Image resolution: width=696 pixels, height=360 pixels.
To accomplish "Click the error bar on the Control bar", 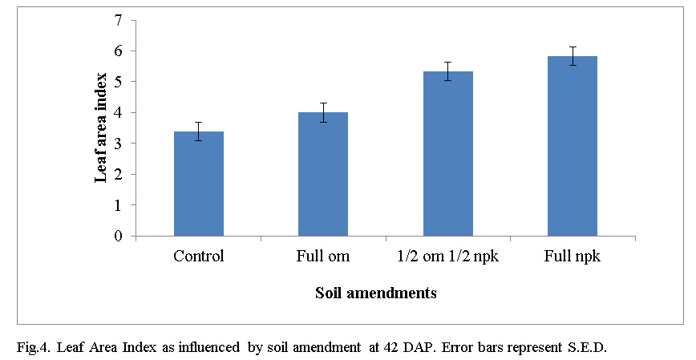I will [x=199, y=131].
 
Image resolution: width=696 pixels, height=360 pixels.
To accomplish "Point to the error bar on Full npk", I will [x=573, y=56].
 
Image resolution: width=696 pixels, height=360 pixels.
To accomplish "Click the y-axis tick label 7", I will [x=119, y=20].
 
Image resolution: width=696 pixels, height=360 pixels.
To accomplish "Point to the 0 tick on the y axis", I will [x=119, y=237].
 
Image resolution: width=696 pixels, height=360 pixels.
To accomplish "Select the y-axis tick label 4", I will [x=119, y=113].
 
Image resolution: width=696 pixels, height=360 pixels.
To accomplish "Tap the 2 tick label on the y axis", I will [x=119, y=175].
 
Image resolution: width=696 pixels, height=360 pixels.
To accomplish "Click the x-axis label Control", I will [x=199, y=257].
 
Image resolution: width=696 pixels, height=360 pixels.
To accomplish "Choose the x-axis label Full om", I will [x=323, y=257].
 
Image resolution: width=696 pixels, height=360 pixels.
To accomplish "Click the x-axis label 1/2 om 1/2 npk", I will [x=448, y=257].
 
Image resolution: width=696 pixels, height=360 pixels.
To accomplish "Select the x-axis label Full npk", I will [x=573, y=257].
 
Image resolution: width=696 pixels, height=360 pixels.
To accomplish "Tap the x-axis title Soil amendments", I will [x=376, y=293].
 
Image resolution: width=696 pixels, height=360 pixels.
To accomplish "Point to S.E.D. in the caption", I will [x=595, y=347].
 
